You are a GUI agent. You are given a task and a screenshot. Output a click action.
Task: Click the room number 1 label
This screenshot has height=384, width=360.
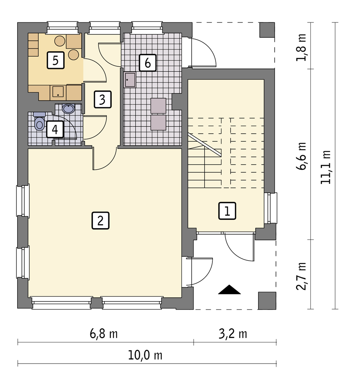227,211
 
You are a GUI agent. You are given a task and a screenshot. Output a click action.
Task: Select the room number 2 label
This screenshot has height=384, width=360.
100,220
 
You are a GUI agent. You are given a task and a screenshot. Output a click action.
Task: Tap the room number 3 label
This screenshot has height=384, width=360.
102,99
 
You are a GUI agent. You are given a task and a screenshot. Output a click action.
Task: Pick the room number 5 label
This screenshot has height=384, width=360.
56,60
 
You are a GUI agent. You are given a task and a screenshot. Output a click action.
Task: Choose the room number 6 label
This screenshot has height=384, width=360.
148,63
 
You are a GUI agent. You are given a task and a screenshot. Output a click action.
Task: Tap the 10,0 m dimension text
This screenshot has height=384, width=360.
145,355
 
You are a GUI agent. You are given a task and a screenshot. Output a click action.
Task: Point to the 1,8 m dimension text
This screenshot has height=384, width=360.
301,47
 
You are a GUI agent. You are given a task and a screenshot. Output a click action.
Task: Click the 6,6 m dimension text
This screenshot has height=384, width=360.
301,156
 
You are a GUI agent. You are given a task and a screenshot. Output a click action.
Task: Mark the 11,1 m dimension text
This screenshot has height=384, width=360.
326,167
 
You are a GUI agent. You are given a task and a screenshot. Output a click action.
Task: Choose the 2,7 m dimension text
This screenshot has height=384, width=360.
301,276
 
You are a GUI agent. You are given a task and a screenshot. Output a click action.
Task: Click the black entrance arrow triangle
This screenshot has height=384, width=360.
229,290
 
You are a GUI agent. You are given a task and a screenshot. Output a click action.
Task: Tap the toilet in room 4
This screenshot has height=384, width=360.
39,121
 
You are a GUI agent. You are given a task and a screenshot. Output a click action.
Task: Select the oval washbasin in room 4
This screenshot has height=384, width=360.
68,109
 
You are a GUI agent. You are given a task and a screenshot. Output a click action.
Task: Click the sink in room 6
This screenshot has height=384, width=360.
130,80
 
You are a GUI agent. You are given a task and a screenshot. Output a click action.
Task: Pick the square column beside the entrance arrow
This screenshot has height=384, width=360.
267,301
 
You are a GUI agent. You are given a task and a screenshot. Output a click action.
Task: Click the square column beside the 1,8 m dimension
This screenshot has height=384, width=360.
267,30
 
